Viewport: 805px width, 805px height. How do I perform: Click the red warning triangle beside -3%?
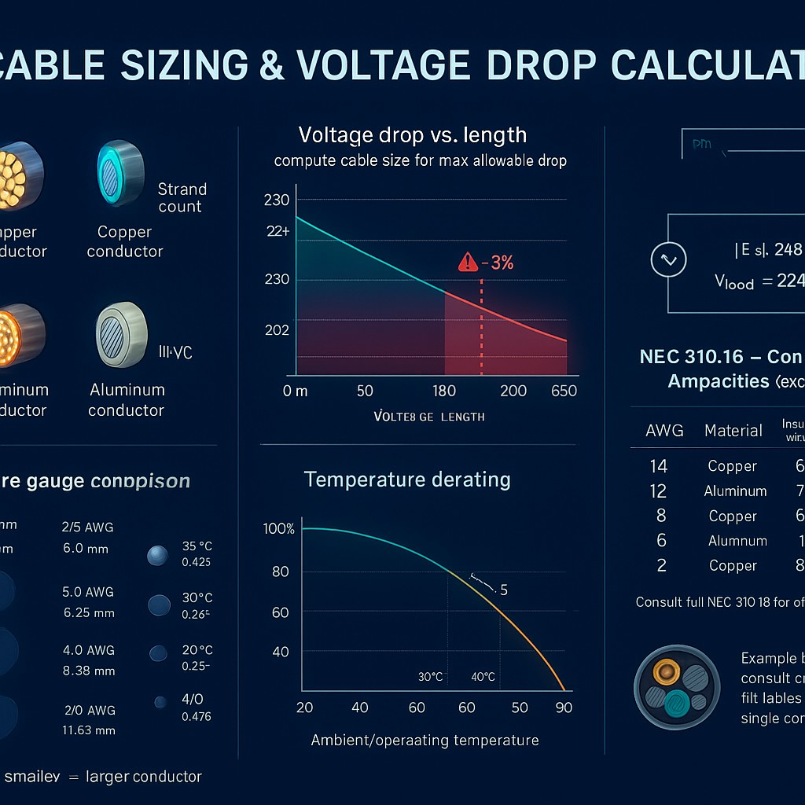tap(468, 263)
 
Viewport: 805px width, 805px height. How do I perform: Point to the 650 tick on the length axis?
tap(564, 391)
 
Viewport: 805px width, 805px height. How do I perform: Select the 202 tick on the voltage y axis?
tap(277, 330)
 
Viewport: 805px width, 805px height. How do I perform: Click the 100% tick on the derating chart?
tap(279, 529)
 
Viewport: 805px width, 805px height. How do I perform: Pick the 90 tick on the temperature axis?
tap(563, 708)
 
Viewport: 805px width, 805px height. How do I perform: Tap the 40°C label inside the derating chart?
tap(483, 677)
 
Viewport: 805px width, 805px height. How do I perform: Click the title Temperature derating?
tap(407, 480)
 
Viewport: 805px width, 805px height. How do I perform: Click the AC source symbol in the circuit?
tap(669, 259)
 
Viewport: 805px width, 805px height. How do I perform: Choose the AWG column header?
tap(664, 431)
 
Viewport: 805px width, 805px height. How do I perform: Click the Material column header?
tap(733, 431)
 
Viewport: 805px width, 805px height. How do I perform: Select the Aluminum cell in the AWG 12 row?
tap(735, 491)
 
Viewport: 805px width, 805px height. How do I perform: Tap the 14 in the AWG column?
tap(659, 466)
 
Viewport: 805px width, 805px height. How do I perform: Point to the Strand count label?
tap(182, 198)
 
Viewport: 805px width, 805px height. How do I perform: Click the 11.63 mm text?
tap(89, 730)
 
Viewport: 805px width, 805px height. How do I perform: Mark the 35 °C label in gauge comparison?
tap(196, 548)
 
